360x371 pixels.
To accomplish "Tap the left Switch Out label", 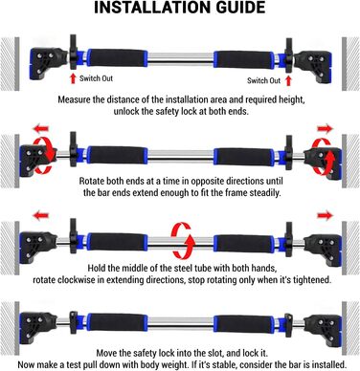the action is (96, 78).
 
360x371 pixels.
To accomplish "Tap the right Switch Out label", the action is (263, 80).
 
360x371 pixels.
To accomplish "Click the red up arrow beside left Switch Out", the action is (73, 78).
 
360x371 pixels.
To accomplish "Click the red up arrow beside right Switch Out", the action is (288, 81).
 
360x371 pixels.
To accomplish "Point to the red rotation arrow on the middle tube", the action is (183, 241).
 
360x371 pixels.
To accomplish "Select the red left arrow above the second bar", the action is (41, 129).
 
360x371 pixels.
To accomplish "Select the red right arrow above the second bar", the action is (325, 129).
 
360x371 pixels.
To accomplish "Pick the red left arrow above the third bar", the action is (41, 216).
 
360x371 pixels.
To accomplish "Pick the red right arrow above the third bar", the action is (325, 216).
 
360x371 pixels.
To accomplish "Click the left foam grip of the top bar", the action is (117, 58).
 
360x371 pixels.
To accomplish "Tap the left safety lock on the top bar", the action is (74, 52).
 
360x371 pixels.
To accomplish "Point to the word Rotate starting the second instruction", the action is (92, 181).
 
